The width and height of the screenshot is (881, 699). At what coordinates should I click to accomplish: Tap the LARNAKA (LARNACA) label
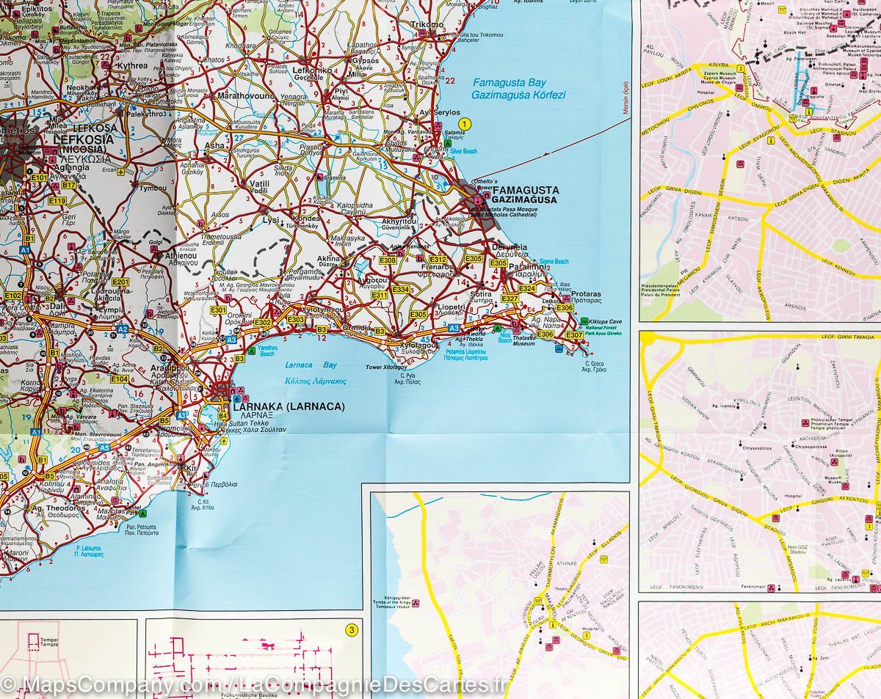coord(288,406)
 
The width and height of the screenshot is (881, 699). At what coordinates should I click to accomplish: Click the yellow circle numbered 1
coord(464,122)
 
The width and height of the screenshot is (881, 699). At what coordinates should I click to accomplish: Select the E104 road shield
coord(120,379)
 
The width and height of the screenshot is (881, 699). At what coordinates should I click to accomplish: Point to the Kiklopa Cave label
coord(606,321)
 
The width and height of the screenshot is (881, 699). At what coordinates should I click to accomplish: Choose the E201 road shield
coord(121,282)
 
